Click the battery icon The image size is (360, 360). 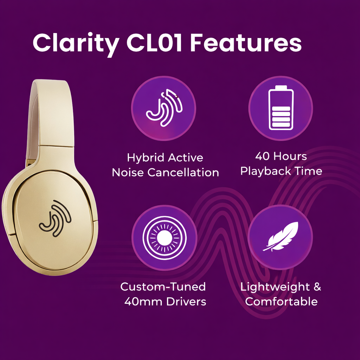281,108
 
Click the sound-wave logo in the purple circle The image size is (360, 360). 164,108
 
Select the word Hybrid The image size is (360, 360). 145,158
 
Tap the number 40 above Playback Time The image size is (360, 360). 262,156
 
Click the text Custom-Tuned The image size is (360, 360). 163,287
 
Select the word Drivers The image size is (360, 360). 186,302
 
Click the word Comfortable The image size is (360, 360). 281,302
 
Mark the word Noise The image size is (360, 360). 128,173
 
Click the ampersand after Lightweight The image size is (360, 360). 317,287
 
